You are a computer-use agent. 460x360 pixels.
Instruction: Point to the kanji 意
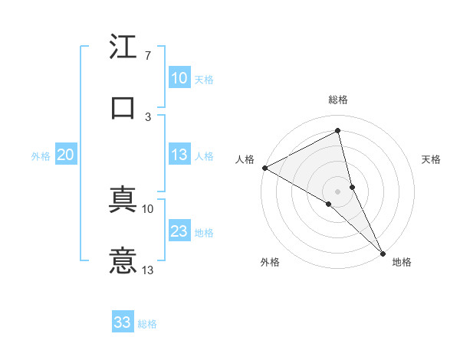point(123,260)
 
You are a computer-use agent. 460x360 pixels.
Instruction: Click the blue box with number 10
point(179,78)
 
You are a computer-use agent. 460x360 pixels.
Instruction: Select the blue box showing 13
point(179,155)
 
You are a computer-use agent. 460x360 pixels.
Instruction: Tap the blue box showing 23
point(179,232)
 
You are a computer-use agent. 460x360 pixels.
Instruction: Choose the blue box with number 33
point(123,322)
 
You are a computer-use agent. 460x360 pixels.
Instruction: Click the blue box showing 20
point(65,155)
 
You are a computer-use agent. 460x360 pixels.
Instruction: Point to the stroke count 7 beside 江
point(147,56)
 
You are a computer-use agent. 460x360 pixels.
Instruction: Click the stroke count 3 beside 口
point(147,116)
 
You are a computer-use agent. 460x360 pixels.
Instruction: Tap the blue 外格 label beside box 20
point(41,155)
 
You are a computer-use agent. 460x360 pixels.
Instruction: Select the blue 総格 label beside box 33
point(147,323)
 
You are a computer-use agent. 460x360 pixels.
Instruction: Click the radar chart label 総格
point(338,100)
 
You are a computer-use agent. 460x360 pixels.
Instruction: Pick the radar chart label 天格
point(432,159)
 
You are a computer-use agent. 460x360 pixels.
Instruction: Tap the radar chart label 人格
point(245,159)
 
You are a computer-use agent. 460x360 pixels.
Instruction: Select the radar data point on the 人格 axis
point(264,168)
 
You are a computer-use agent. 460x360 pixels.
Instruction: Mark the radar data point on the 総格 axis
point(338,131)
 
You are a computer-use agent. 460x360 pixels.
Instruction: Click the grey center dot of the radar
point(338,191)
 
